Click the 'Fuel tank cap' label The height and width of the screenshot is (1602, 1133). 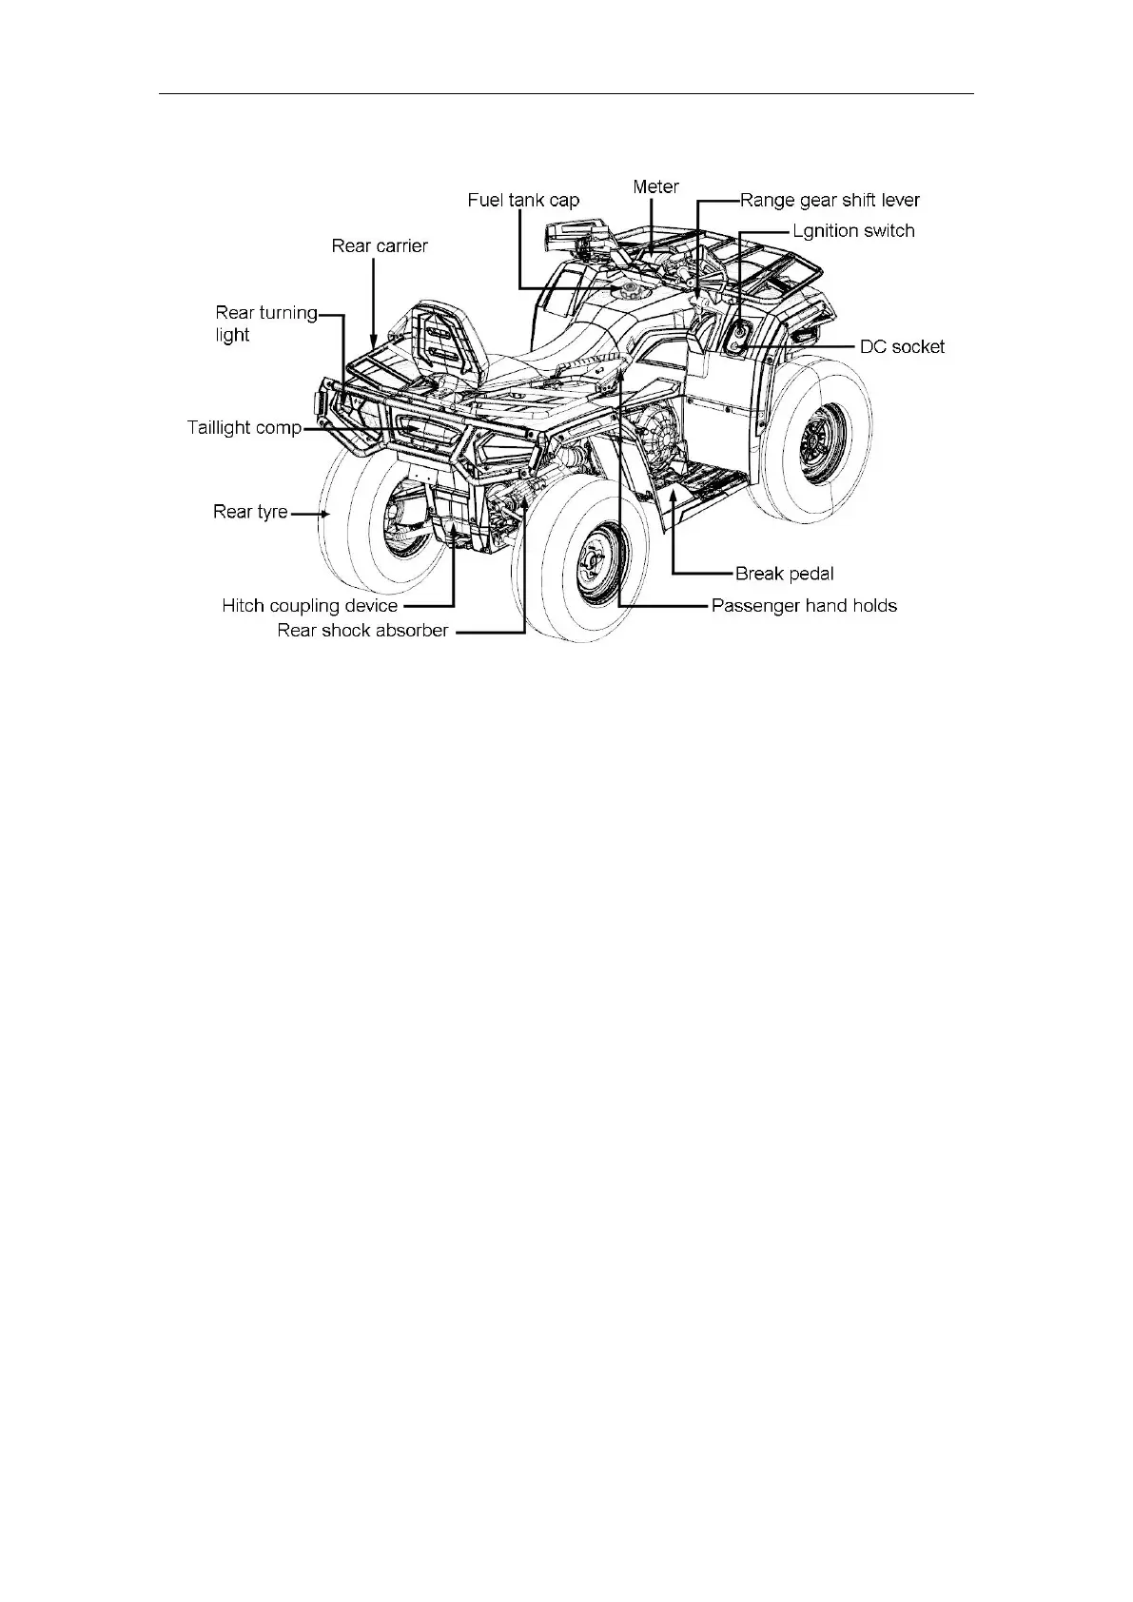pos(523,201)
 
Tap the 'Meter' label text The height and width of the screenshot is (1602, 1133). pos(655,186)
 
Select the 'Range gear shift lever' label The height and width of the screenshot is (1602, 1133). pos(830,201)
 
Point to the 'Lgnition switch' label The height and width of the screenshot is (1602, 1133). pos(853,231)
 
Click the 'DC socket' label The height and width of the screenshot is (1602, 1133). pos(902,347)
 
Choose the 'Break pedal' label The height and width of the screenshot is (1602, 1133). pos(784,574)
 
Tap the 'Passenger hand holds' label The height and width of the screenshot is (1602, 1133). pos(804,606)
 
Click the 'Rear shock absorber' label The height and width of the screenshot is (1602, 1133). pos(362,631)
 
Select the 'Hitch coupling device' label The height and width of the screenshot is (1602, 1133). pos(310,606)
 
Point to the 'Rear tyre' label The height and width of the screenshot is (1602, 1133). pos(250,513)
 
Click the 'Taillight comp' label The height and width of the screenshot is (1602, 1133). pos(244,428)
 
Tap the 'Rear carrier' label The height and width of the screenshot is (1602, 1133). pos(380,246)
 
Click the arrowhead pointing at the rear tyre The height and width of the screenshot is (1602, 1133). pos(325,514)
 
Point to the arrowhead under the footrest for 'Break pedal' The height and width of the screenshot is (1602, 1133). pos(674,493)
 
